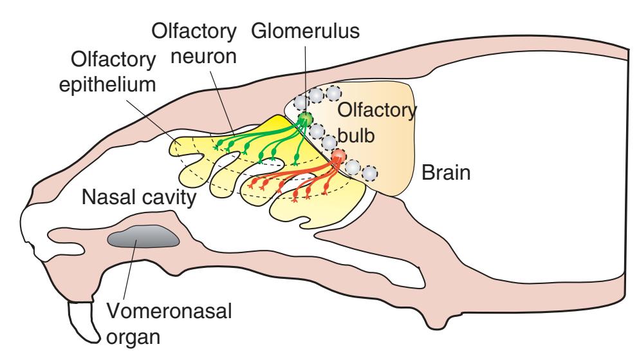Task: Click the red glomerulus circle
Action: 338,156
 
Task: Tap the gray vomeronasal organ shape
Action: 143,239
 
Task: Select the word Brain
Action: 447,172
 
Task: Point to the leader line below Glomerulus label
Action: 304,77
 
